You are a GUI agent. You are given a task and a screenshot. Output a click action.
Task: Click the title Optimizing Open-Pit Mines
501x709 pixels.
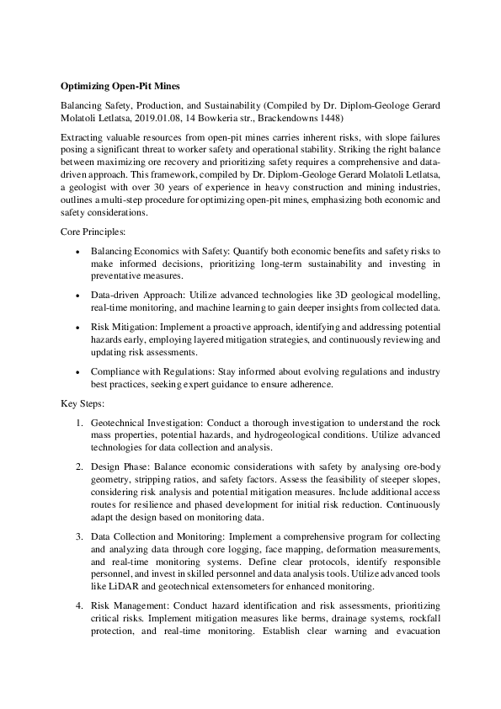pyautogui.click(x=120, y=85)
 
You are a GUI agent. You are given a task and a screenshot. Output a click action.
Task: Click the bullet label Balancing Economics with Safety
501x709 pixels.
pyautogui.click(x=160, y=251)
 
